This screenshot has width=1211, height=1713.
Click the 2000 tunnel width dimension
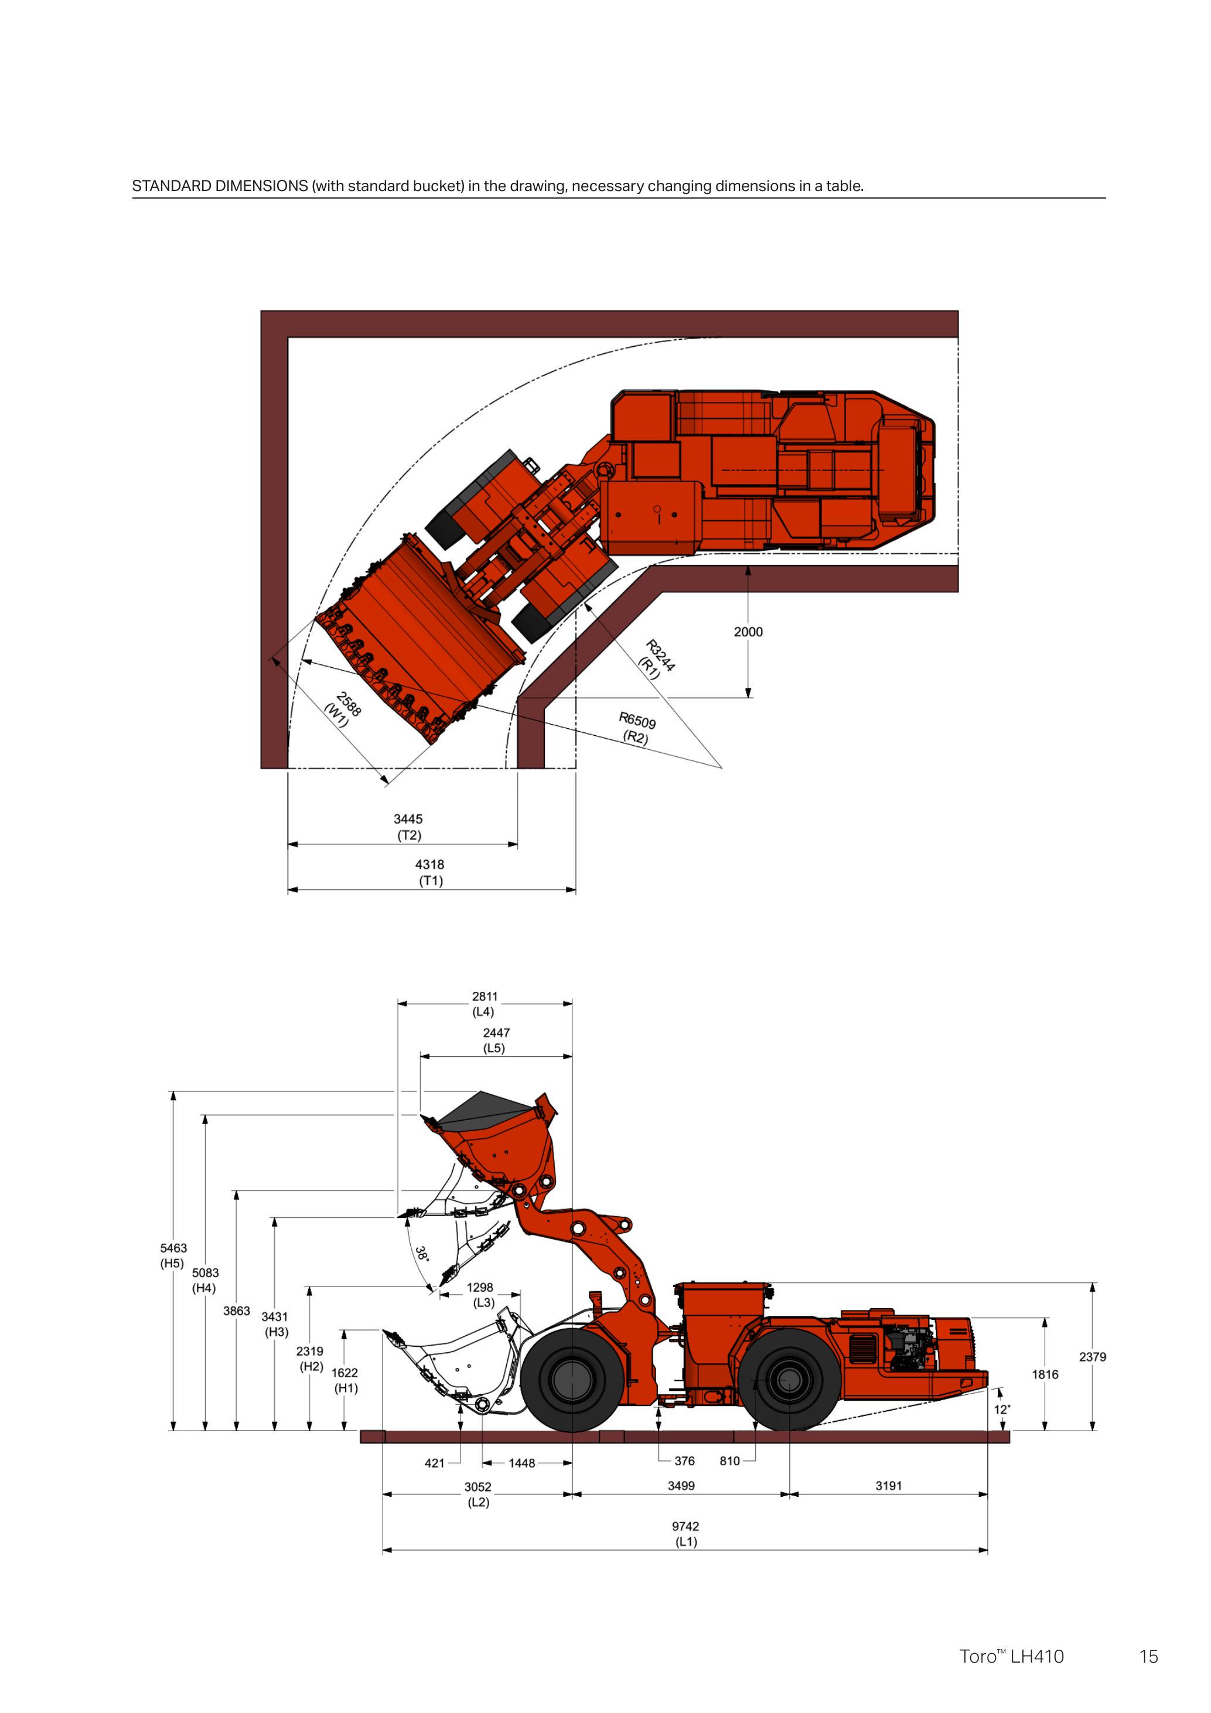coord(748,632)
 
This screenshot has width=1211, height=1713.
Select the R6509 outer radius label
coord(636,728)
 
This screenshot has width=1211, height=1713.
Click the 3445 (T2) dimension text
coord(408,827)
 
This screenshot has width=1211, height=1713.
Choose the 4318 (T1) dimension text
coord(430,872)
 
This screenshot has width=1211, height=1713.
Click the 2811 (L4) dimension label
coord(485,1004)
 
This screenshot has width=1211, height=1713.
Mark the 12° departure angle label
coord(1001,1410)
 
